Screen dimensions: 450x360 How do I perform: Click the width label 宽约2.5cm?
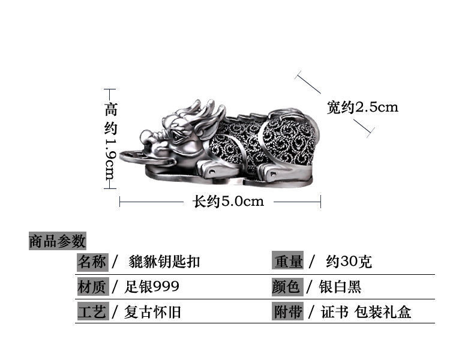tap(362, 107)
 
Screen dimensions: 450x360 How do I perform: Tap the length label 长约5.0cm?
tap(228, 202)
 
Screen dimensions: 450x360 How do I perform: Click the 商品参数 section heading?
tap(58, 241)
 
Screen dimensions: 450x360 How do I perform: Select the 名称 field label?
tap(92, 262)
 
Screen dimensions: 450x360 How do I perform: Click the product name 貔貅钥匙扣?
tap(164, 262)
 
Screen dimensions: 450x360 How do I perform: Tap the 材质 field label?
tap(92, 287)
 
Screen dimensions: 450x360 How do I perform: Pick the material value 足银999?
tap(152, 287)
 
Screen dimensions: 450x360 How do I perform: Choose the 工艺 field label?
tap(92, 312)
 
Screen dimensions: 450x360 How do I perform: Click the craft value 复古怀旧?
tap(154, 312)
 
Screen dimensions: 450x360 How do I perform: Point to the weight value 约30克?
tap(349, 262)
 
